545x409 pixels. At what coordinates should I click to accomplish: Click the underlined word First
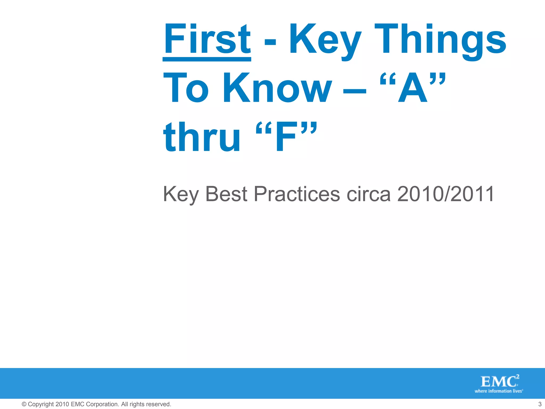(x=207, y=39)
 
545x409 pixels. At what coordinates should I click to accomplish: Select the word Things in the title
(x=440, y=40)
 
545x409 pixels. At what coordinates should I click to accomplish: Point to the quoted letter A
(x=412, y=88)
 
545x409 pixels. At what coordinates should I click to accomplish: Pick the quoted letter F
(x=286, y=137)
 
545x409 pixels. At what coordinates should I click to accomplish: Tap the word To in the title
(x=186, y=88)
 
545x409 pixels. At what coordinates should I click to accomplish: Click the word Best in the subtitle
(x=226, y=194)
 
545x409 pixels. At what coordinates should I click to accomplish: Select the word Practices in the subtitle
(x=297, y=194)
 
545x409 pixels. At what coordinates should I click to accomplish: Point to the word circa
(x=369, y=194)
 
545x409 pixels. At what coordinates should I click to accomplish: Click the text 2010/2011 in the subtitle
(x=446, y=194)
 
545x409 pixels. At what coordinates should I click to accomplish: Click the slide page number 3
(x=540, y=404)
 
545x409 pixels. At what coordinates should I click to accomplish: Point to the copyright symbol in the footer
(x=24, y=404)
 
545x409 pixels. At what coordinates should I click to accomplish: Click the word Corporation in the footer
(x=102, y=404)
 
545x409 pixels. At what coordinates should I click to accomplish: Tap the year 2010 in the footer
(x=62, y=404)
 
